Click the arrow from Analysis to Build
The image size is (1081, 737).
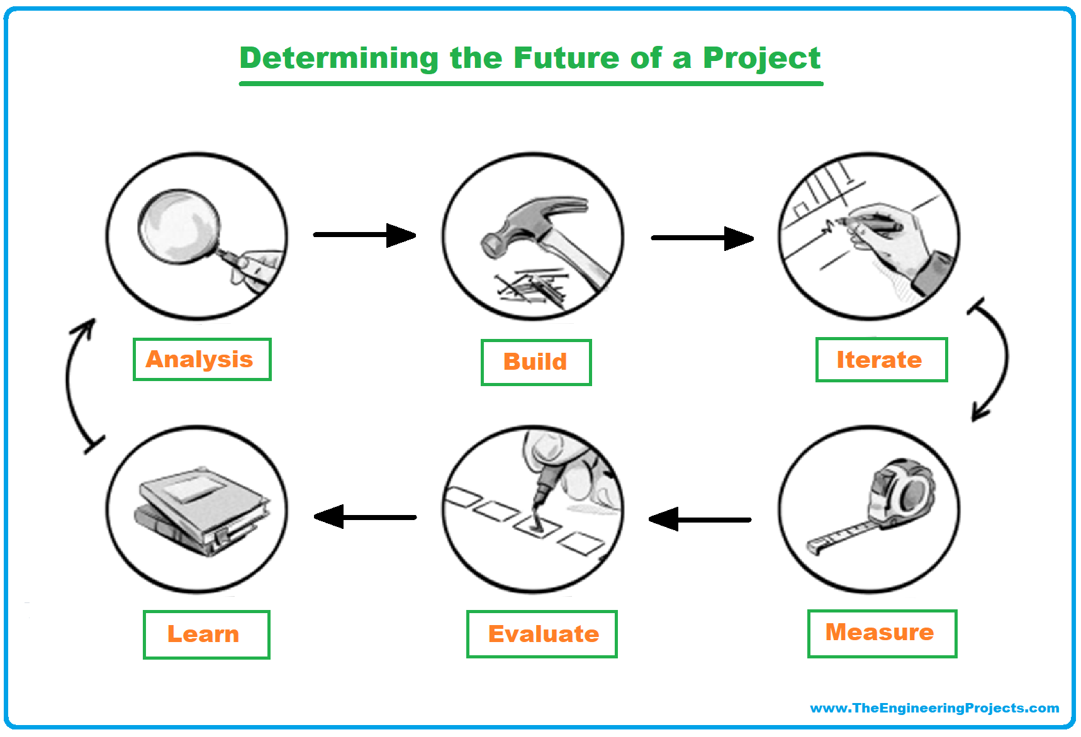(365, 235)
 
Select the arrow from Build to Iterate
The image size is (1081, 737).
(702, 238)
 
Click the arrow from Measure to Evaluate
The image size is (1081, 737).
(700, 519)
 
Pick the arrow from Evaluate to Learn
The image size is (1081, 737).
(365, 517)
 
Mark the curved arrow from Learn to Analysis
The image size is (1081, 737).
(68, 384)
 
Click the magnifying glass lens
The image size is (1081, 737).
(179, 225)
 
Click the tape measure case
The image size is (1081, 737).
(900, 494)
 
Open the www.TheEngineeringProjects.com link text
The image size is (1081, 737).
(934, 708)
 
